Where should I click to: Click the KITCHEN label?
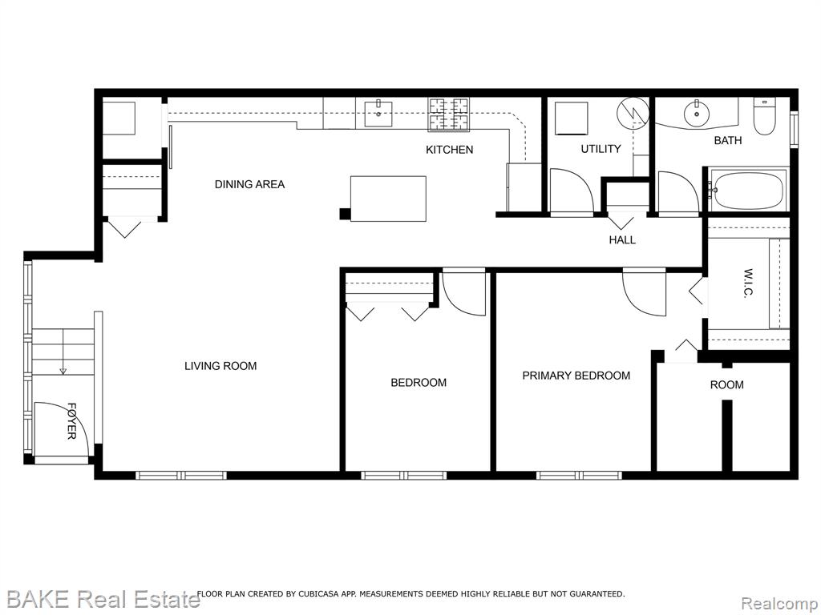click(x=449, y=150)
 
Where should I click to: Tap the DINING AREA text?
click(x=250, y=185)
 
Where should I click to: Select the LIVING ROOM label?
click(x=220, y=366)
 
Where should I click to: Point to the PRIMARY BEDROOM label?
click(x=576, y=376)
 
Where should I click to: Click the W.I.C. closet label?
click(x=748, y=283)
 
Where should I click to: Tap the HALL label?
click(x=622, y=240)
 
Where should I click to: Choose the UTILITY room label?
click(x=601, y=149)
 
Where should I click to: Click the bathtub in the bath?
click(x=748, y=191)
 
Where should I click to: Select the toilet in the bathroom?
click(x=765, y=117)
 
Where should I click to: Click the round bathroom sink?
click(x=697, y=112)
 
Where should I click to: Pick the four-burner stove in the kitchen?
click(x=449, y=114)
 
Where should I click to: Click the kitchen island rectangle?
click(x=388, y=199)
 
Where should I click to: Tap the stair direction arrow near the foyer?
click(x=63, y=352)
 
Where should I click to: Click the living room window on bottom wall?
click(x=181, y=476)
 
